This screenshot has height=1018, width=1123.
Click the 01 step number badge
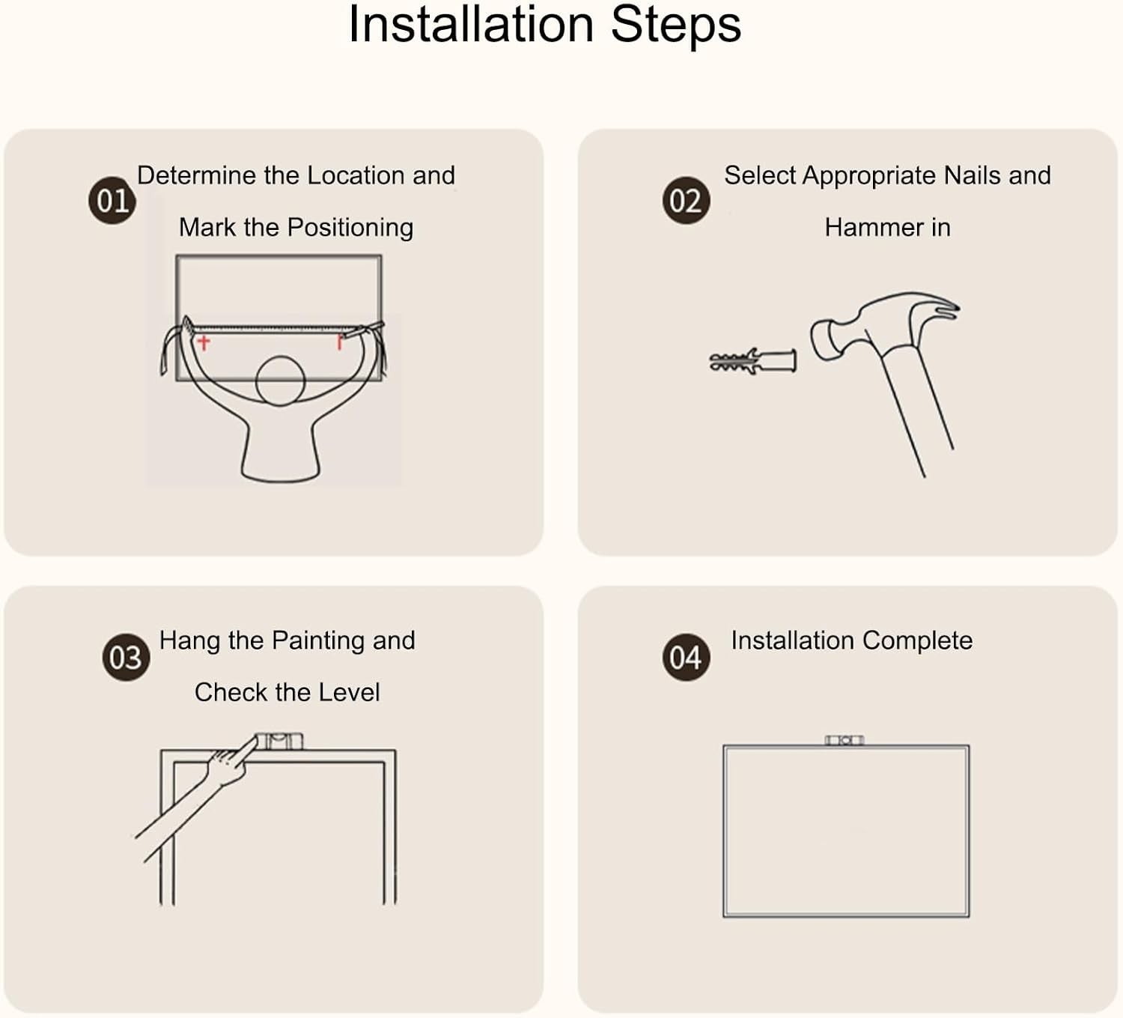112,201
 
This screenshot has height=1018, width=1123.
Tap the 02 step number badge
686,201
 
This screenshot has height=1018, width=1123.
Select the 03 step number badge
125,657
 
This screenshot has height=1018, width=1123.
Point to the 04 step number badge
686,657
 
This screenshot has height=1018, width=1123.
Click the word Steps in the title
676,25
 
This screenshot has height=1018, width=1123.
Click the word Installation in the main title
471,25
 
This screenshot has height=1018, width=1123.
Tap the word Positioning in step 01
351,228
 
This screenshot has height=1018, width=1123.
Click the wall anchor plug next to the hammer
752,360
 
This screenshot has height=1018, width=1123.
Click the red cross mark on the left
203,342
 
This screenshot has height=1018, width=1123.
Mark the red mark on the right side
339,342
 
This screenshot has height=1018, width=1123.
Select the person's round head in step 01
280,381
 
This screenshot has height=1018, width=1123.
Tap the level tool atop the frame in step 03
279,742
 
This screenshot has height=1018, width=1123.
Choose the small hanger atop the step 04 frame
844,741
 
